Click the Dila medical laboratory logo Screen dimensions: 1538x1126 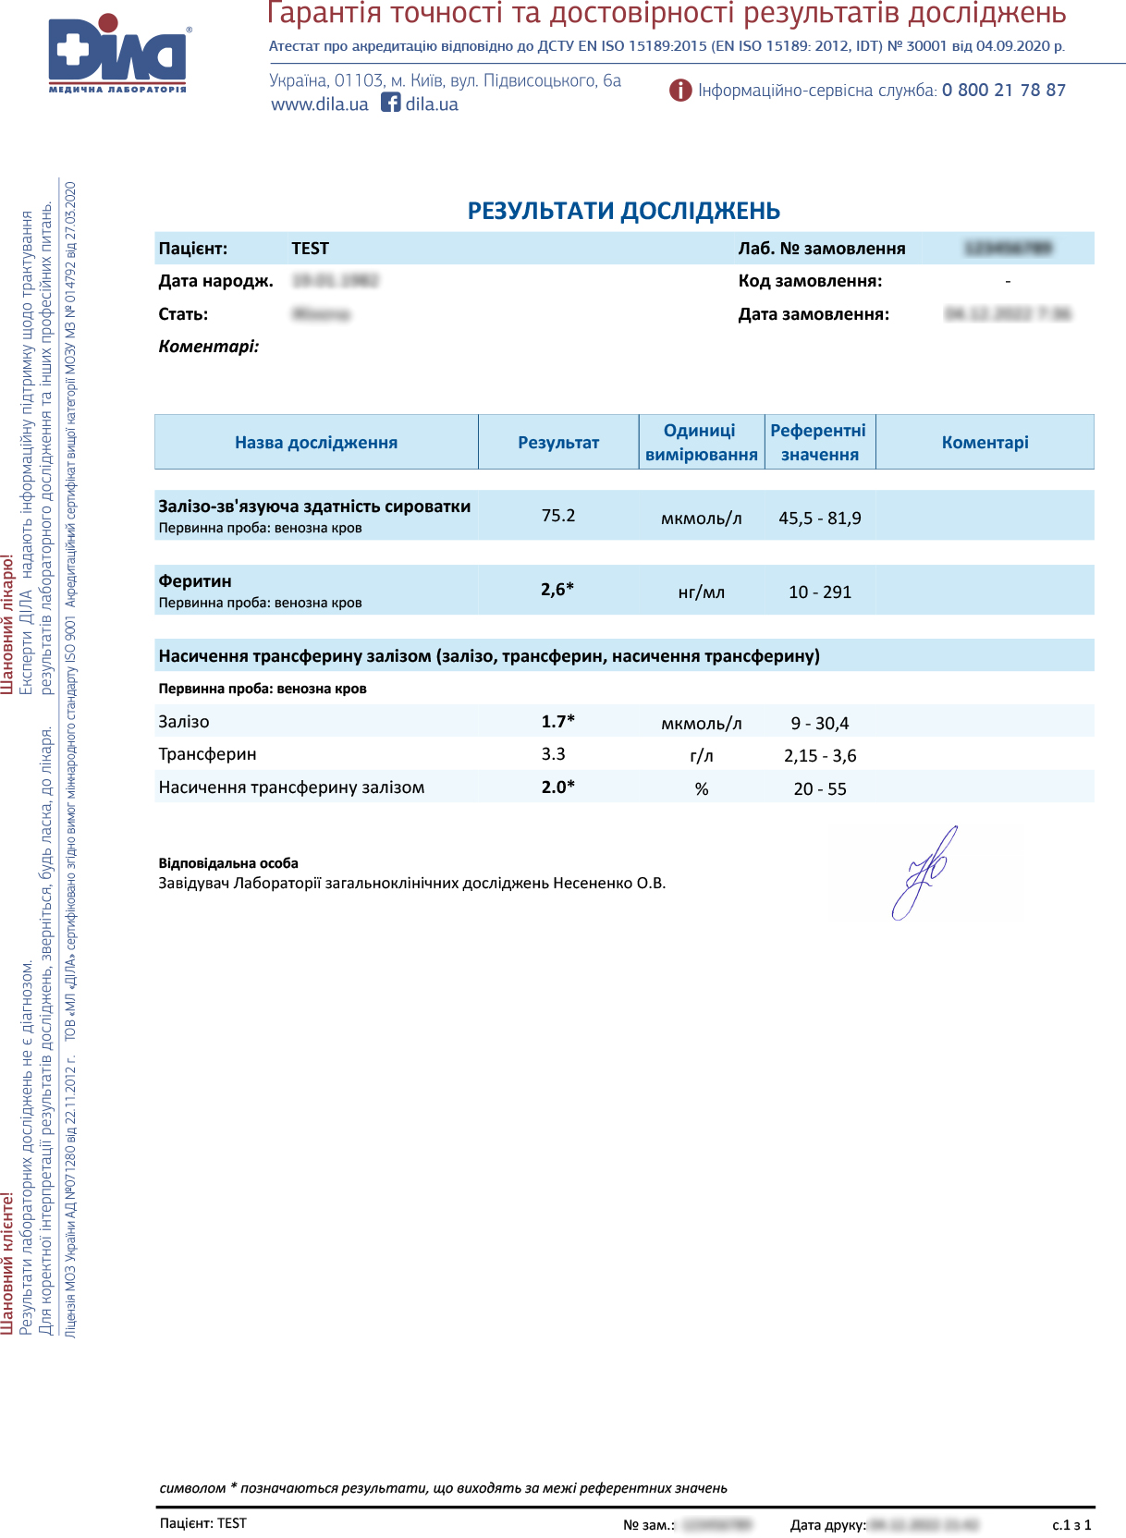pos(117,54)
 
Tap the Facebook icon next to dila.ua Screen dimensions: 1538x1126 pos(391,103)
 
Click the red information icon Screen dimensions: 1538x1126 pos(680,90)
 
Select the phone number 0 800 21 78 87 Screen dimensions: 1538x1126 pos(1003,90)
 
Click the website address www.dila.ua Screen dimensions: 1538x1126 pos(319,104)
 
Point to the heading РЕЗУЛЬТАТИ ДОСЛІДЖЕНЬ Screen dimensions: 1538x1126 pos(623,211)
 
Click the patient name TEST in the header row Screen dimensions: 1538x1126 pos(310,248)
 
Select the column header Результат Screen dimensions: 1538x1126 pos(558,443)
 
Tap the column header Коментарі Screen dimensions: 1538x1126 pos(985,443)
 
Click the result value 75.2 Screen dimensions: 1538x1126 pos(558,515)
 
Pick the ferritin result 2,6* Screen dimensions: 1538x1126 pos(557,589)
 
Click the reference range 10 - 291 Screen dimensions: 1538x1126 pos(820,592)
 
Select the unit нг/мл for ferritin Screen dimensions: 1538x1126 pos(702,592)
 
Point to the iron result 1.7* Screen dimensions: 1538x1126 pos(557,721)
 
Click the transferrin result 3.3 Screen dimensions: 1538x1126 pos(554,754)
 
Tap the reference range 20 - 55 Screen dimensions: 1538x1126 pos(820,788)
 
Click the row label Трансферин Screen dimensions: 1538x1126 pos(207,754)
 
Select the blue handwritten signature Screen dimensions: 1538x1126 pos(924,873)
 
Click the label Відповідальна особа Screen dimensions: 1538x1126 pos(228,863)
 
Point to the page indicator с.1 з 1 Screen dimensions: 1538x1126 pos(1071,1524)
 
